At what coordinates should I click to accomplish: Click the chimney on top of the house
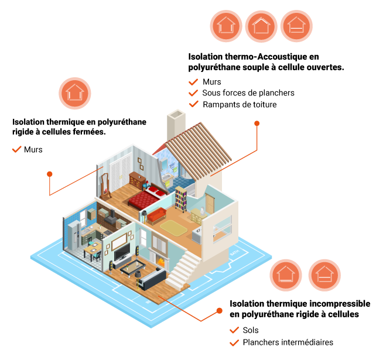point(176,124)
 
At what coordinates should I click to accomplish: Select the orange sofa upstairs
point(156,215)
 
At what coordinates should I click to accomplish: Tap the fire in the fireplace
point(159,261)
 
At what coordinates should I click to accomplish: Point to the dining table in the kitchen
point(92,250)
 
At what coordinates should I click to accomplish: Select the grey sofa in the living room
point(152,277)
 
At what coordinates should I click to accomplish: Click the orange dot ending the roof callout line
point(257,124)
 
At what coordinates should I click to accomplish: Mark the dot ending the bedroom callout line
point(50,174)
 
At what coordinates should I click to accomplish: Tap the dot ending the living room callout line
point(219,311)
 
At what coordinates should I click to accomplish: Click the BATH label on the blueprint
point(234,253)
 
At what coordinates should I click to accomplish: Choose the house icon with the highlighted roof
point(261,26)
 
